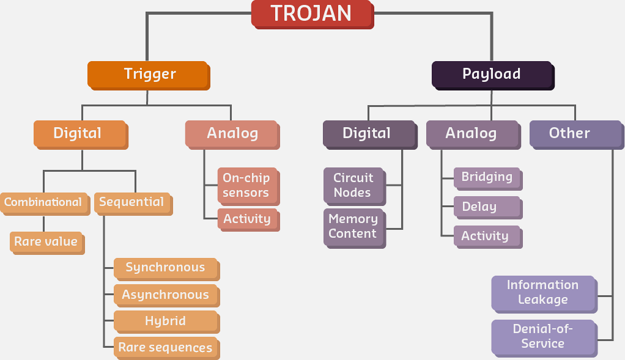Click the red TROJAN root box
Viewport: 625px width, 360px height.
pos(311,13)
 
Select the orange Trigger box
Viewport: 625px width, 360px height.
pos(149,74)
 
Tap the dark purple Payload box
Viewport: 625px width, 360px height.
pos(492,75)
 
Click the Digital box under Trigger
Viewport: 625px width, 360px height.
pos(80,133)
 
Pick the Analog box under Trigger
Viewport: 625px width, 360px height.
pos(232,133)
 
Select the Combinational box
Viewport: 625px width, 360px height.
pos(43,202)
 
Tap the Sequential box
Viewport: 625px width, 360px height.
pos(132,202)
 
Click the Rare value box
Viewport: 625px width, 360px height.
pos(46,241)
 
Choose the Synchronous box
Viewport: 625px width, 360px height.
pos(166,268)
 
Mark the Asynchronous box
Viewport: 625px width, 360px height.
pos(166,295)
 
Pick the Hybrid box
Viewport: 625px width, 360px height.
pos(166,321)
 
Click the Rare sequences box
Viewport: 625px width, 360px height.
pos(166,347)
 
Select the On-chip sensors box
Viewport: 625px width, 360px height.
pos(247,185)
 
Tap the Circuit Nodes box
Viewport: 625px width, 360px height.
pos(353,185)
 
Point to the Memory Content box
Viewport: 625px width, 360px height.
pos(353,226)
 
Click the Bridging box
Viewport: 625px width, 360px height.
pos(487,177)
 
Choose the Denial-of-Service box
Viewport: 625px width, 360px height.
pos(543,336)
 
